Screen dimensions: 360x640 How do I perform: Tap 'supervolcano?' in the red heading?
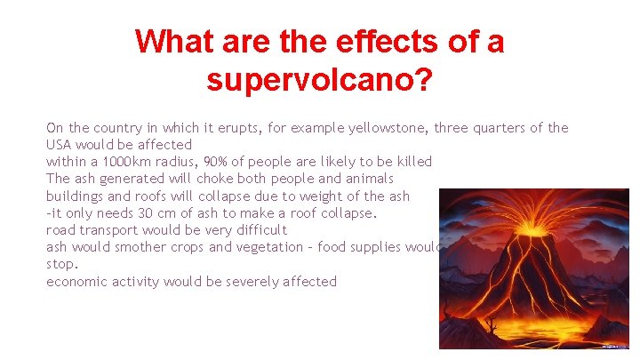click(319, 80)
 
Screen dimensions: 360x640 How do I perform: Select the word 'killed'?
click(411, 162)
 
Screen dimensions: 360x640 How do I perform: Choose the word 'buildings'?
click(75, 196)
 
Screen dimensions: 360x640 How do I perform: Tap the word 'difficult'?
click(255, 229)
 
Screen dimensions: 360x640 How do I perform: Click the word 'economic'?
click(78, 282)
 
